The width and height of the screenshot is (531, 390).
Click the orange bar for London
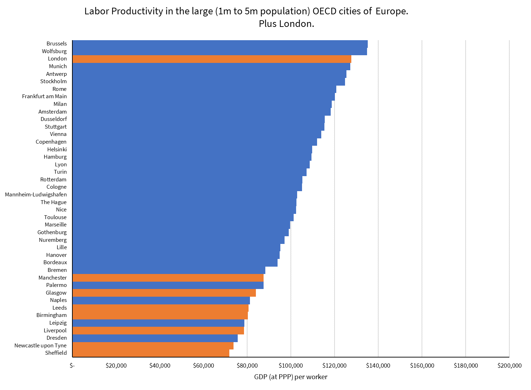(211, 59)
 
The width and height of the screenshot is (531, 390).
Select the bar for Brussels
(220, 44)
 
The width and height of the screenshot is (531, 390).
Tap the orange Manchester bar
(168, 278)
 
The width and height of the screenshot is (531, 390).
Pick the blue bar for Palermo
(168, 285)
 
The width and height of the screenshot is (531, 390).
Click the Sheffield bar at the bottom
(151, 353)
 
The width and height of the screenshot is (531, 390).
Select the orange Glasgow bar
(164, 293)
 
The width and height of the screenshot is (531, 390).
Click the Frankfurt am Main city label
(44, 96)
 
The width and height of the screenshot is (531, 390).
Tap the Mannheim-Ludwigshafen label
(36, 195)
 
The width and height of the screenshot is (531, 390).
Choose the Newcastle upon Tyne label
(41, 346)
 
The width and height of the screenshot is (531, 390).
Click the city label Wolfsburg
(54, 51)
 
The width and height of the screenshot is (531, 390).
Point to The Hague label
(53, 202)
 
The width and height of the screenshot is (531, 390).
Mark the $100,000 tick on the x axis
(291, 366)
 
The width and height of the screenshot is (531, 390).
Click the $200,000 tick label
(509, 366)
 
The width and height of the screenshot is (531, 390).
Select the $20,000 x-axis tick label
(116, 366)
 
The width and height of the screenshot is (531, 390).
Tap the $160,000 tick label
(422, 366)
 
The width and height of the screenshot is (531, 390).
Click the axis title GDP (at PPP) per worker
(290, 377)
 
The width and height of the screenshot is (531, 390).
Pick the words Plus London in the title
(286, 24)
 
